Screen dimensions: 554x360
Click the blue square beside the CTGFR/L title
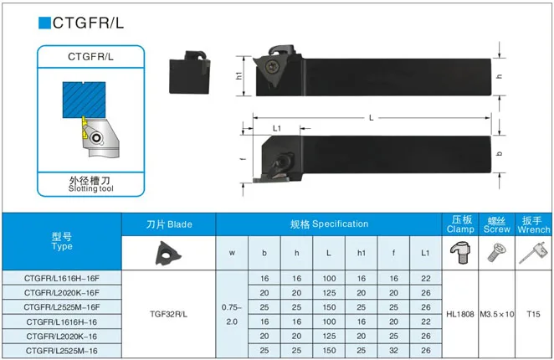(x=44, y=23)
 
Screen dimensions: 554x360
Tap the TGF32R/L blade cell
(x=168, y=314)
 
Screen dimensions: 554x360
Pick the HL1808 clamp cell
(x=459, y=314)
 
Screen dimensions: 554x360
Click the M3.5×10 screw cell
(x=497, y=314)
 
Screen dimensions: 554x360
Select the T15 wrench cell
(x=534, y=314)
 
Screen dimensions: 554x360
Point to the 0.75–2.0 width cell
(x=232, y=314)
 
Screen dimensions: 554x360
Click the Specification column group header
(x=329, y=224)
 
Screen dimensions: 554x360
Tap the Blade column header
(x=169, y=224)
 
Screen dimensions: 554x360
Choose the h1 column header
(x=362, y=253)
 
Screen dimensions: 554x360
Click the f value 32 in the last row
(x=394, y=351)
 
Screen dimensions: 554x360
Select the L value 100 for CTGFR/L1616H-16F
(x=329, y=277)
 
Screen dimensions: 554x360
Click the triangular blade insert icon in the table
(x=168, y=252)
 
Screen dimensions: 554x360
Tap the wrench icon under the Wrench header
(x=533, y=251)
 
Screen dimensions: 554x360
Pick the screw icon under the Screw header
(x=496, y=250)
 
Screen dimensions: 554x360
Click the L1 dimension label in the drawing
(x=277, y=129)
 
